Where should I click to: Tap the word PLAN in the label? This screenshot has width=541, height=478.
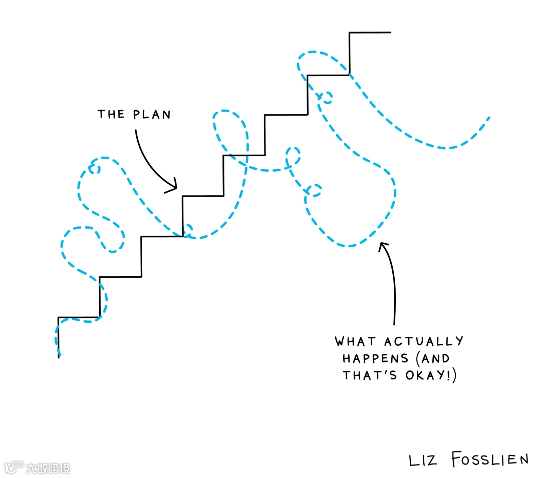click(152, 114)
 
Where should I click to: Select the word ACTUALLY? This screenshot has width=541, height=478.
click(424, 342)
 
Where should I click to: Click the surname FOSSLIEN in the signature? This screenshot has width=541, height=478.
click(489, 459)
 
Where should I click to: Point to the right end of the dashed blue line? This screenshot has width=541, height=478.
click(488, 118)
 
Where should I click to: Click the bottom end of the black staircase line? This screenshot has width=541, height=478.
click(59, 356)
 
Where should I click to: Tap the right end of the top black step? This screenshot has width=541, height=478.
click(390, 33)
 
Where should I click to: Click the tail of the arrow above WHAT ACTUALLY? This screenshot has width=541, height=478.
click(394, 322)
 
